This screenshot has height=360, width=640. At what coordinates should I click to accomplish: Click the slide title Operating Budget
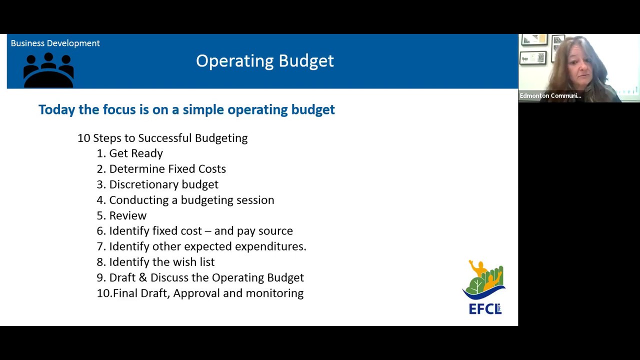tap(264, 61)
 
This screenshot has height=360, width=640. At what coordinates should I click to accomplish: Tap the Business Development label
tap(55, 43)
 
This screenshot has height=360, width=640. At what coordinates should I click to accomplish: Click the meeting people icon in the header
tap(48, 70)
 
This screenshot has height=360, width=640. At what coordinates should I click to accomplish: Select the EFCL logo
tap(484, 287)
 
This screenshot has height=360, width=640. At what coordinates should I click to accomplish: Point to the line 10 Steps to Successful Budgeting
tap(162, 138)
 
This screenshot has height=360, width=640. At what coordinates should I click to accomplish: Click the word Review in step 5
tap(128, 215)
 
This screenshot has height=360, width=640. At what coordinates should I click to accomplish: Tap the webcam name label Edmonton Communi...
tap(550, 95)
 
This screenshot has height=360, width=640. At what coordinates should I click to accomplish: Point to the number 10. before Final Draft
tap(104, 293)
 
